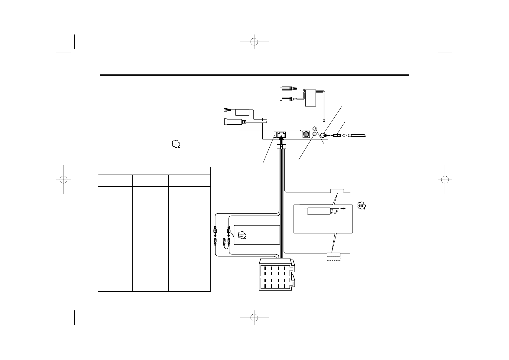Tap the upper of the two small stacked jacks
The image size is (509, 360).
(315, 128)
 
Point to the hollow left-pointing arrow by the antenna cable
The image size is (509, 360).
(344, 136)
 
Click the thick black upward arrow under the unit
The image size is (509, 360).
(282, 140)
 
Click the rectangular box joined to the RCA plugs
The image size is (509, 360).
(310, 98)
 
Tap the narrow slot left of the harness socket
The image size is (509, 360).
(275, 135)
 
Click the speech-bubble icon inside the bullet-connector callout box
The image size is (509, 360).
(242, 235)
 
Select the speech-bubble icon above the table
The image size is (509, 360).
(175, 144)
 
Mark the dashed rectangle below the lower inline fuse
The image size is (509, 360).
(333, 258)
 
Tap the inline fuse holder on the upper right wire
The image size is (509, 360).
(337, 191)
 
